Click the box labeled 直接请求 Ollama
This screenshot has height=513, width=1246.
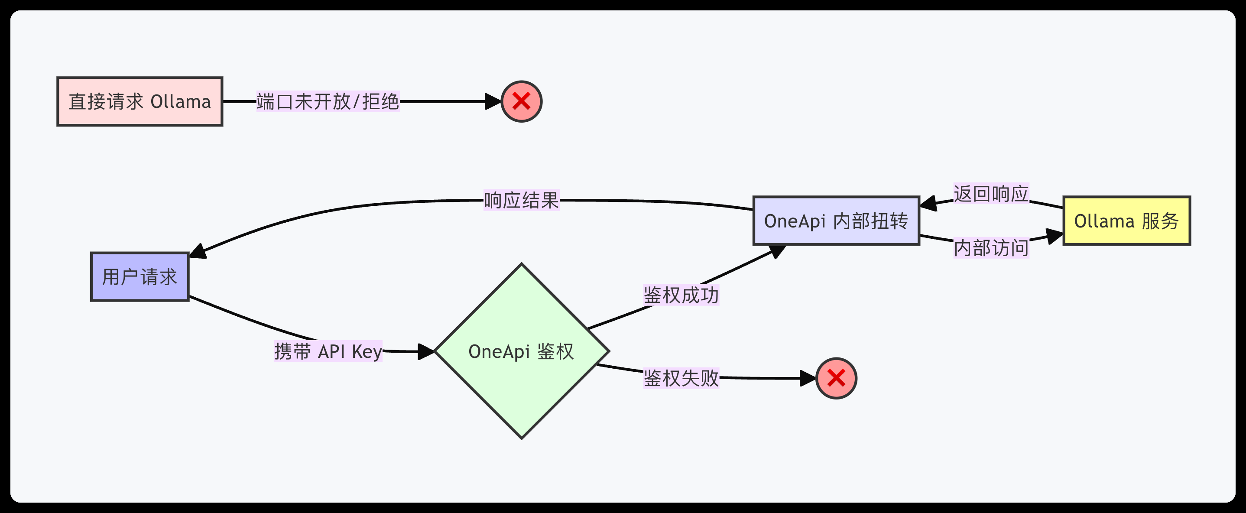(x=140, y=102)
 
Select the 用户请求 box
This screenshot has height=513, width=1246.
(x=140, y=277)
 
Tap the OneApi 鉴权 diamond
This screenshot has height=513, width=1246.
(x=522, y=351)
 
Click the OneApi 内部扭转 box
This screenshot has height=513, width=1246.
(x=836, y=221)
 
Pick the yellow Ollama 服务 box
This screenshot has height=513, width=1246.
(x=1126, y=221)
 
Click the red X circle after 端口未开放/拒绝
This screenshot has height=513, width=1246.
(x=522, y=102)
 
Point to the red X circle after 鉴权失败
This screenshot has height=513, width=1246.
(x=836, y=378)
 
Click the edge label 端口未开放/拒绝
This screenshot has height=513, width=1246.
(x=328, y=102)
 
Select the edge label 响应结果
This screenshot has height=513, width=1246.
(x=522, y=200)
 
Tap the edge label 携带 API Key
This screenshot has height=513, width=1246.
(x=328, y=351)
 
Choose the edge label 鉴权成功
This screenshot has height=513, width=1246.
(x=681, y=295)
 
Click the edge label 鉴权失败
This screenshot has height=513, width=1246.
(x=681, y=378)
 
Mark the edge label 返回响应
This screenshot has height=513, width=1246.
(x=991, y=194)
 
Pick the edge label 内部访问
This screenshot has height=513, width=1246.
(x=991, y=248)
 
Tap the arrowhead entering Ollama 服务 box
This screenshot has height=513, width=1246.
(x=1055, y=236)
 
